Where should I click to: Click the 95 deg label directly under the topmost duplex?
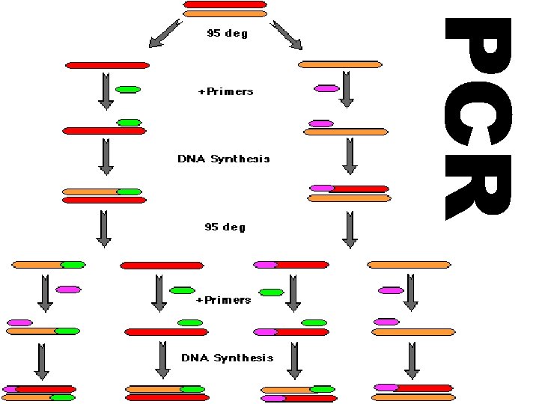click(227, 33)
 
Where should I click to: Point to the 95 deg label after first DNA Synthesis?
click(225, 226)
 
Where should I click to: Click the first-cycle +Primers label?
click(225, 91)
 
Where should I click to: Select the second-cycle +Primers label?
click(223, 300)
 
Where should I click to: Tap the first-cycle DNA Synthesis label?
click(224, 159)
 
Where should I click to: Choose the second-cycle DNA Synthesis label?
click(228, 358)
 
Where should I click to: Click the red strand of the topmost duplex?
click(225, 4)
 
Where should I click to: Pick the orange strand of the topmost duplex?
click(225, 13)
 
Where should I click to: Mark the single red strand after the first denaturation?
click(108, 65)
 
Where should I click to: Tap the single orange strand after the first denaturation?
click(341, 65)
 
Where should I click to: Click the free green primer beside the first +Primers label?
click(128, 90)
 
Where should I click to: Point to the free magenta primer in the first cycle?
click(326, 88)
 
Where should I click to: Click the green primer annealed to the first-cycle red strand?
click(130, 122)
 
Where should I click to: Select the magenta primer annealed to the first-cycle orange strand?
click(321, 123)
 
